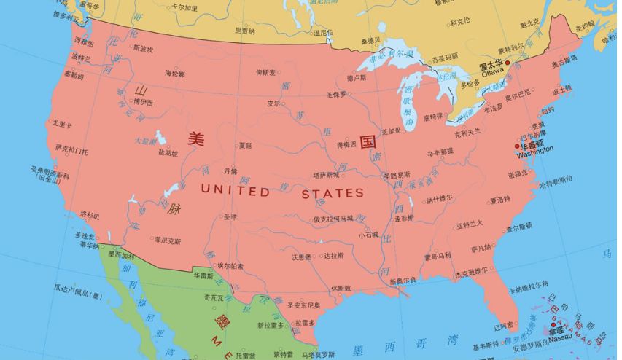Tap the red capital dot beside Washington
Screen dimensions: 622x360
click(517, 146)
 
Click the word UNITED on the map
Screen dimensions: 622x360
click(234, 192)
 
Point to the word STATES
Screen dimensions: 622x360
click(333, 193)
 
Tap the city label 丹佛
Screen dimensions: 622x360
click(230, 171)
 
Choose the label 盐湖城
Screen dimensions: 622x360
click(168, 153)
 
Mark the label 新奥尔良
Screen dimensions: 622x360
click(403, 281)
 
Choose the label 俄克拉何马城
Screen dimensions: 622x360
click(333, 218)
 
